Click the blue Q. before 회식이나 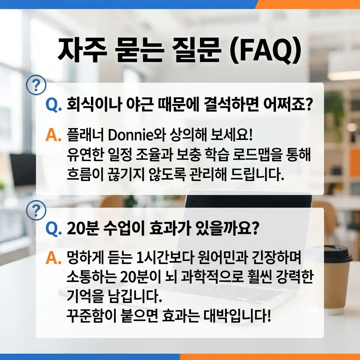54,104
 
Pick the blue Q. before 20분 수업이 54,230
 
